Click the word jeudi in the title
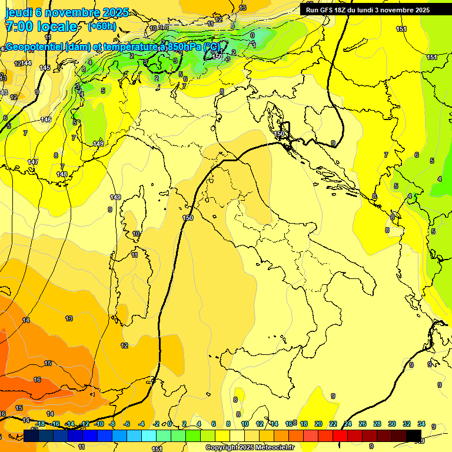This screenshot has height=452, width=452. (19, 12)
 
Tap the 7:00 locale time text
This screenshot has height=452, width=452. (41, 26)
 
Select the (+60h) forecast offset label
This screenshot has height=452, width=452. (102, 26)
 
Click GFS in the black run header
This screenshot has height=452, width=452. (328, 10)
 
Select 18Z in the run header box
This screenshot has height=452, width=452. (345, 10)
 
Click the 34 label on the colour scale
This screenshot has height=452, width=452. (421, 424)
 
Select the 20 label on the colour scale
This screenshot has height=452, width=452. (318, 424)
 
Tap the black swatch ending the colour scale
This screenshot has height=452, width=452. (414, 436)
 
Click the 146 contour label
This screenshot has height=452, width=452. (46, 119)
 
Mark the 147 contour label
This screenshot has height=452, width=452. (33, 162)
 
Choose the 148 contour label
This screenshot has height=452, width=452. (62, 174)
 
